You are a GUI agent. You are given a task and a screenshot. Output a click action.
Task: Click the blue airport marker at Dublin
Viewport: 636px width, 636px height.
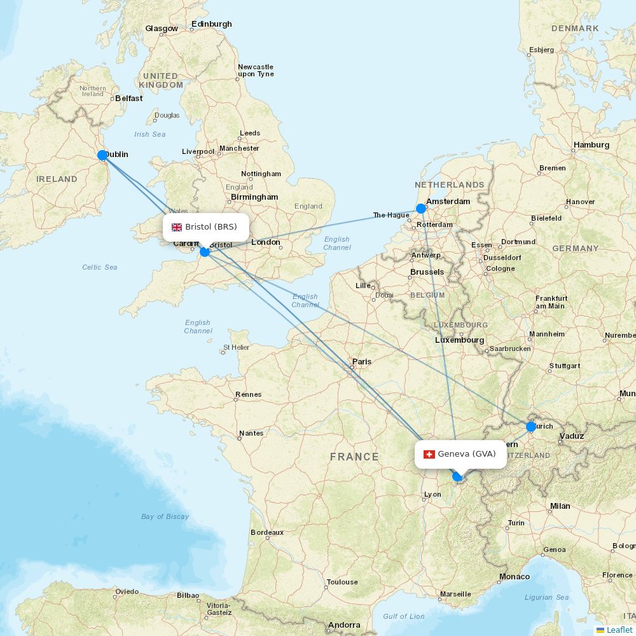point(102,155)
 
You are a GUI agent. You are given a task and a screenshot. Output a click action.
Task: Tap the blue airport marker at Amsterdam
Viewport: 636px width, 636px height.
point(420,209)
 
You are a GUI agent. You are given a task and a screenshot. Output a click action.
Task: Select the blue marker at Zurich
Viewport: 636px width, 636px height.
point(531,427)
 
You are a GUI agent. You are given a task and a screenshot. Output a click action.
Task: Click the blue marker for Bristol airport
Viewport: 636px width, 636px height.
point(205,252)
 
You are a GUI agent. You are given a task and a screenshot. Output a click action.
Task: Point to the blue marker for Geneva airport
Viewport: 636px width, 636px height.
point(457,476)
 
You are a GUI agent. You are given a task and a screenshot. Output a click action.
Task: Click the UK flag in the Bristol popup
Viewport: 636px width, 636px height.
point(177,227)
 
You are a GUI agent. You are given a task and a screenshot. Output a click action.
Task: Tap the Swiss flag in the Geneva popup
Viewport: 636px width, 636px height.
point(429,454)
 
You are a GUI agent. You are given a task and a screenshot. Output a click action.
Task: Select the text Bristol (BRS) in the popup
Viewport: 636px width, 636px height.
point(211,227)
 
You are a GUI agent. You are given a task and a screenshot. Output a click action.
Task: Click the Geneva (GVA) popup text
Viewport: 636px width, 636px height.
point(467,454)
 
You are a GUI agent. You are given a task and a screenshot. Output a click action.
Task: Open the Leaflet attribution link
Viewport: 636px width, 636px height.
point(619,630)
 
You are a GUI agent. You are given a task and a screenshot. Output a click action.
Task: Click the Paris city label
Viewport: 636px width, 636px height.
point(362,362)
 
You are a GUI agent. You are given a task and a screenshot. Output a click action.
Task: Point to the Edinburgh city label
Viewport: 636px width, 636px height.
point(212,24)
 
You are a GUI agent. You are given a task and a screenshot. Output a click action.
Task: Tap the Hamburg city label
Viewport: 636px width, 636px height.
point(591,145)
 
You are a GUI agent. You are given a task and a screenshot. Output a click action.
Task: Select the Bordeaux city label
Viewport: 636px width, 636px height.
point(267,532)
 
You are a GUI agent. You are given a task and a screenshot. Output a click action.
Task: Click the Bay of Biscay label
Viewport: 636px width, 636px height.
point(165,516)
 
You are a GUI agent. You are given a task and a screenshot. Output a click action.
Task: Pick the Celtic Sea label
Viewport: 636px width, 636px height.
point(100,267)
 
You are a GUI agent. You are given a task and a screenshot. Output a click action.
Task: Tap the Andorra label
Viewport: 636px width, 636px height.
point(345,625)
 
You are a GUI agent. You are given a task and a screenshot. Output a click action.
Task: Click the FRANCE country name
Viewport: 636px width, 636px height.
point(354,457)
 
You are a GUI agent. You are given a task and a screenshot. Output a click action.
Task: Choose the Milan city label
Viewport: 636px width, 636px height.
point(560,506)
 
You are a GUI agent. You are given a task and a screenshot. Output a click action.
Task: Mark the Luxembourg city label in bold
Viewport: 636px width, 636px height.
point(459,340)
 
